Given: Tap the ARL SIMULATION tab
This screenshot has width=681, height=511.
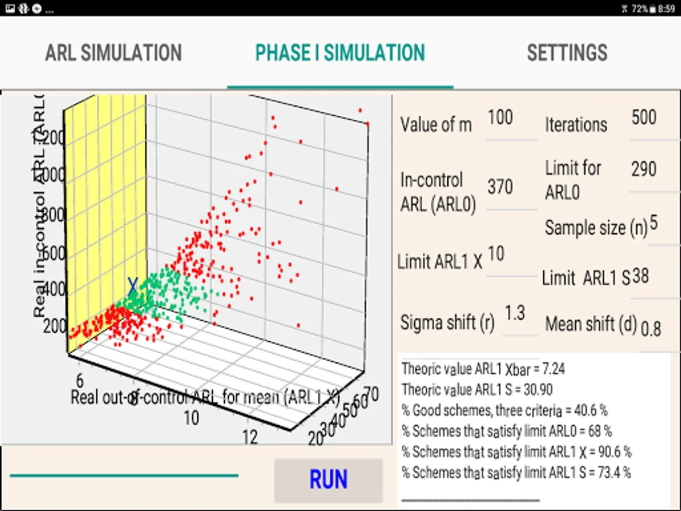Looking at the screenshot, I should click(113, 53).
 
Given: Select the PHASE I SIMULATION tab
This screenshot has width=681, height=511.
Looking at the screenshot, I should click(340, 53).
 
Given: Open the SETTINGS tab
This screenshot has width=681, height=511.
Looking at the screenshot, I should click(567, 53).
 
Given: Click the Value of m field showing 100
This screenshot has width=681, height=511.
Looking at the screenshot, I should click(501, 118).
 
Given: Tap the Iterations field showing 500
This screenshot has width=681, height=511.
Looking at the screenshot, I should click(644, 118).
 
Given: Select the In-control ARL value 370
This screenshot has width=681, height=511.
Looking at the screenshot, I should click(501, 187).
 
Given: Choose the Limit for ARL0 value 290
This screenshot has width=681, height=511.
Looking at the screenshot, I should click(644, 169).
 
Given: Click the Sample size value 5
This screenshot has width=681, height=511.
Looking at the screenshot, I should click(654, 224).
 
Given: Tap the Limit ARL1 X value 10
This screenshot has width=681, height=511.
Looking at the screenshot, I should click(496, 254).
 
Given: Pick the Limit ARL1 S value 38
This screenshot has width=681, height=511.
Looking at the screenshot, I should click(641, 276).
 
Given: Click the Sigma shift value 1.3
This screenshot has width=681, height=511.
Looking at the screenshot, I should click(515, 313).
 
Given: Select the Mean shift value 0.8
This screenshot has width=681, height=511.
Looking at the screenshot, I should click(651, 328).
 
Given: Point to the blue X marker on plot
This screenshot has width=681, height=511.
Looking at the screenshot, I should click(133, 285).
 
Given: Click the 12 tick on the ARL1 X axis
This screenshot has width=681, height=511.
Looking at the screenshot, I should click(250, 437).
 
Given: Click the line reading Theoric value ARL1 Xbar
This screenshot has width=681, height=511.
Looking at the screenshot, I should click(483, 369).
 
